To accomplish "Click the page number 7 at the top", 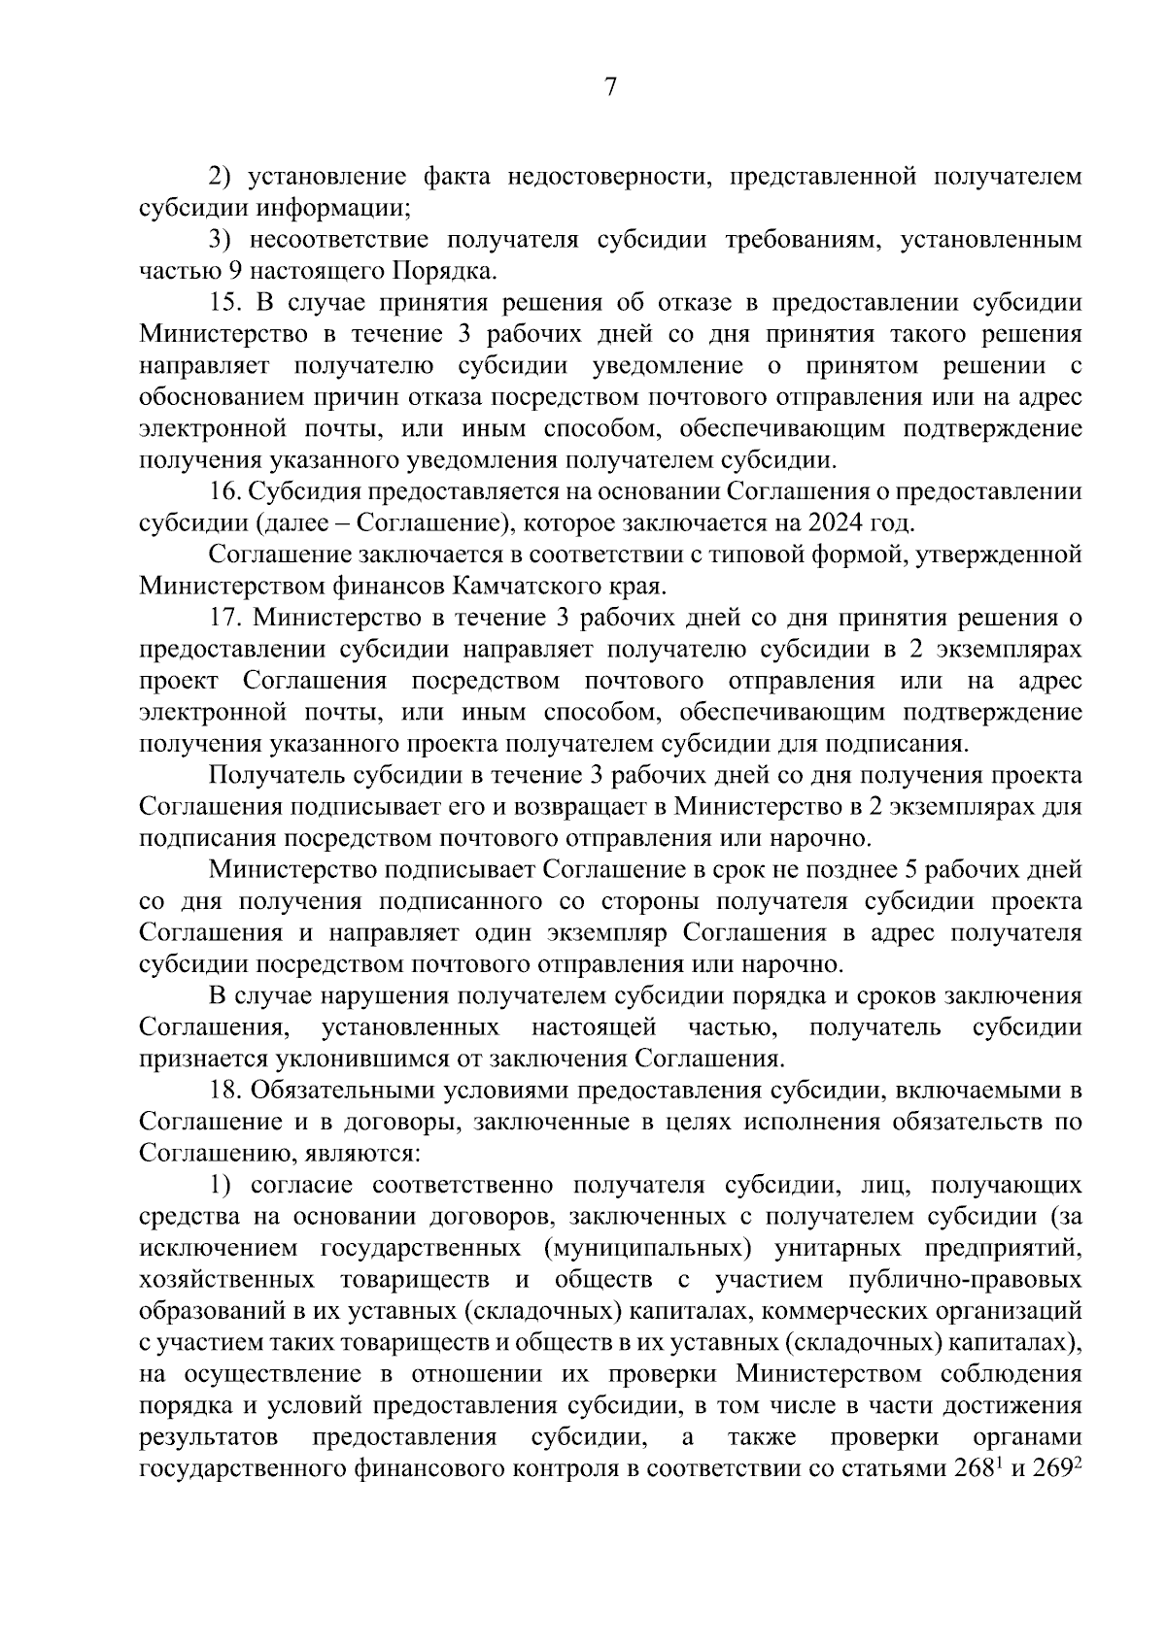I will [610, 88].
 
